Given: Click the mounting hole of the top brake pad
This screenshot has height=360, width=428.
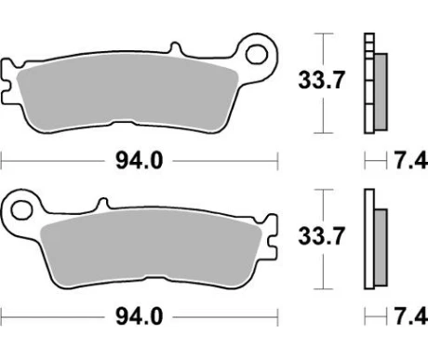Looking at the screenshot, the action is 257,55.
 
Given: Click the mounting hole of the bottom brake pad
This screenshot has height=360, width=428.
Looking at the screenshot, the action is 22,210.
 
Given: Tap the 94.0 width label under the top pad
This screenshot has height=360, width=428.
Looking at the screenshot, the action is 139,161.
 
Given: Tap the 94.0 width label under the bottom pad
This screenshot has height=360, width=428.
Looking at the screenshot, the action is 139,317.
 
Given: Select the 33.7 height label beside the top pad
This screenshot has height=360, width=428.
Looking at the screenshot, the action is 321,80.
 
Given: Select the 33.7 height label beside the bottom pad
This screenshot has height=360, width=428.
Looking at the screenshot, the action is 321,236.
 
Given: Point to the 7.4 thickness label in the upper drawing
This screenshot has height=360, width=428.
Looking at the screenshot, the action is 411,161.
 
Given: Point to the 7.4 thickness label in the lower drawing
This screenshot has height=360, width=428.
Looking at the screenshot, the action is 411,317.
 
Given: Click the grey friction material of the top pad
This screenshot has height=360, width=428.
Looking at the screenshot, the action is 127,93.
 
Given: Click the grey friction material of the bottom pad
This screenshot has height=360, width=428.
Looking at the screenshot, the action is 152,248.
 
